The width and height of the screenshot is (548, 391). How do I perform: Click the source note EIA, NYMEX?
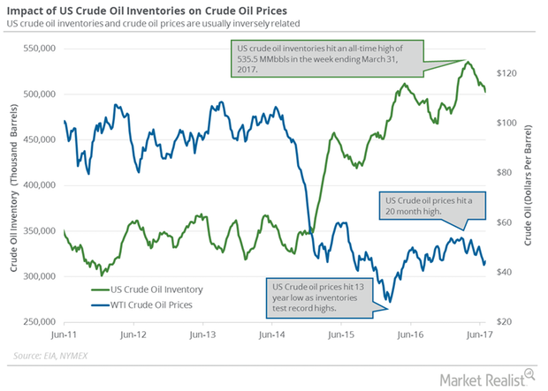click(x=60, y=357)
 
